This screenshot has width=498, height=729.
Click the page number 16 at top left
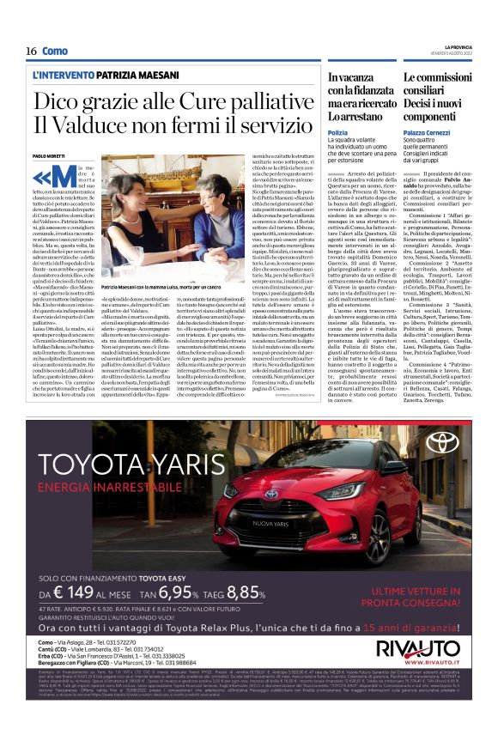pos(31,51)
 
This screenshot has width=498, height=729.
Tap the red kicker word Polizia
pos(337,132)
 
